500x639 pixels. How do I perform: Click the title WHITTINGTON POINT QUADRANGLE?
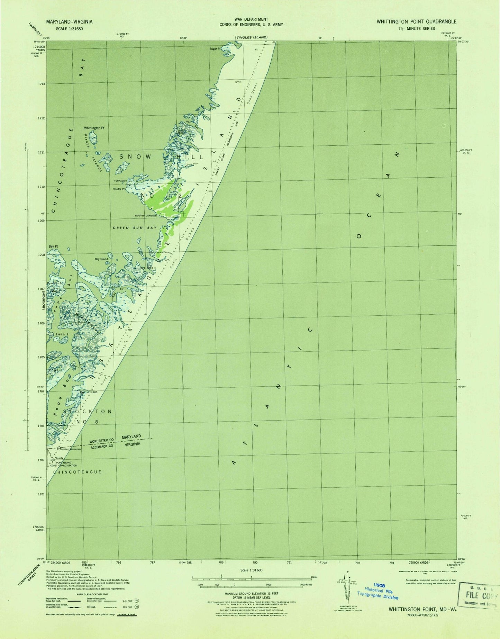pyautogui.click(x=416, y=21)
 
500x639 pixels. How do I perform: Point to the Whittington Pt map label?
pyautogui.click(x=94, y=128)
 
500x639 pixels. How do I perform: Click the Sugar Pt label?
pyautogui.click(x=215, y=49)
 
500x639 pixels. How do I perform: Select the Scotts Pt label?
pyautogui.click(x=119, y=189)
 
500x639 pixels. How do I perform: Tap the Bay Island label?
pyautogui.click(x=101, y=259)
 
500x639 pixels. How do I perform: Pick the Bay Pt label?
pyautogui.click(x=53, y=246)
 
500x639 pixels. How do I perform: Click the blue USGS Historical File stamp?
pyautogui.click(x=379, y=592)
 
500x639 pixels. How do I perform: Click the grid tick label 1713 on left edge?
pyautogui.click(x=41, y=84)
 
